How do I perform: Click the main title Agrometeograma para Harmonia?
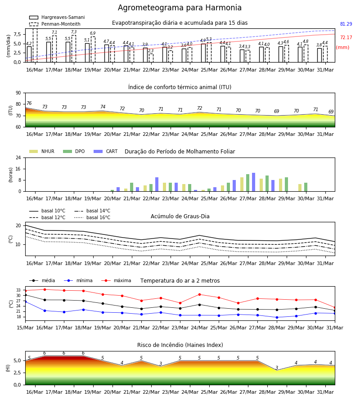click(x=180, y=8)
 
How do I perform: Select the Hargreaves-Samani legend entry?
click(x=57, y=17)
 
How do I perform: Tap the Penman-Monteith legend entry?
click(x=55, y=24)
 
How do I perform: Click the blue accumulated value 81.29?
click(x=346, y=24)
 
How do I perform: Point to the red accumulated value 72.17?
click(x=346, y=37)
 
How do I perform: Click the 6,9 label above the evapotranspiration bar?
click(x=93, y=33)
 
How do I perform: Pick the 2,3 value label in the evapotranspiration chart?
click(x=151, y=50)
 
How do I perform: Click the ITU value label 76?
click(x=29, y=103)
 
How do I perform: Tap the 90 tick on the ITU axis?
click(x=18, y=93)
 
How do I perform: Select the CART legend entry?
click(x=106, y=151)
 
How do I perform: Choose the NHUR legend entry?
click(x=42, y=151)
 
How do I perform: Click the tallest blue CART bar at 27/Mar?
click(x=254, y=182)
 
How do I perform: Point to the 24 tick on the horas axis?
click(x=18, y=157)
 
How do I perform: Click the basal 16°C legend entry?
click(x=92, y=217)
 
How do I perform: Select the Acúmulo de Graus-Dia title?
click(x=180, y=216)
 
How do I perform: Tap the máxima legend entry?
click(x=116, y=280)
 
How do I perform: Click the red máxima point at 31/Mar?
click(x=335, y=308)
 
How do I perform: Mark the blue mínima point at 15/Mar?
click(x=25, y=301)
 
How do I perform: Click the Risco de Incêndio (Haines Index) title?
click(x=180, y=345)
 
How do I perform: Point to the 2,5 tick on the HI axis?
click(x=18, y=373)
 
